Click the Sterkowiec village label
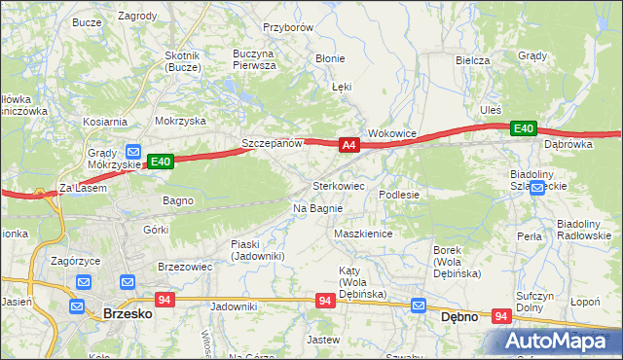click(x=338, y=185)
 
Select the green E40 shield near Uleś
click(x=524, y=128)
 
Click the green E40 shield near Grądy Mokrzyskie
click(x=162, y=162)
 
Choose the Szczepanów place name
click(x=273, y=143)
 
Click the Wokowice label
click(x=392, y=133)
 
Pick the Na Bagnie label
click(x=317, y=208)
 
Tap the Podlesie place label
click(x=399, y=195)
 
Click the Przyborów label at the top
click(x=288, y=28)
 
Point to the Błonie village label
click(x=330, y=58)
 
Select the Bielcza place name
click(x=472, y=59)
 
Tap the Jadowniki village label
click(x=233, y=306)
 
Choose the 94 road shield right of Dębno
click(x=502, y=316)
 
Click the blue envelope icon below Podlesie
click(x=419, y=305)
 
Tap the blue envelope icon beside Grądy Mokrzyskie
click(x=133, y=152)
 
